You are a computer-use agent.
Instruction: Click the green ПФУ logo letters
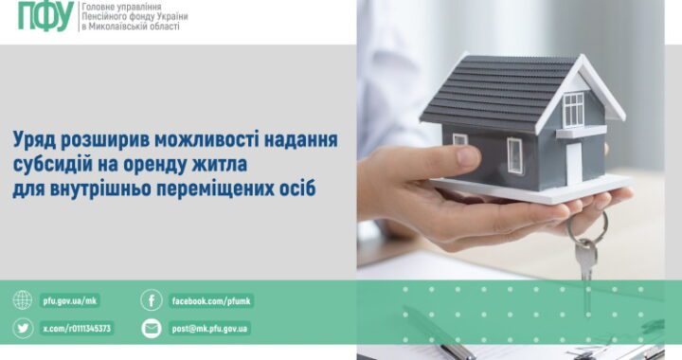click(x=45, y=16)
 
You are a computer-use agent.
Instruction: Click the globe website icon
click(x=23, y=301)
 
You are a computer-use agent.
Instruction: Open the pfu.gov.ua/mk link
click(x=70, y=301)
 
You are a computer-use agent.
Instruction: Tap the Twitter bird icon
click(x=23, y=329)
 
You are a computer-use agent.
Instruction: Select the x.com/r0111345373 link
click(x=77, y=329)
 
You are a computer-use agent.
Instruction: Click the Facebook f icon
click(x=152, y=301)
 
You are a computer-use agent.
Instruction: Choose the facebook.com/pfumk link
click(x=211, y=301)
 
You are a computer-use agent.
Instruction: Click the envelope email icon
click(x=152, y=329)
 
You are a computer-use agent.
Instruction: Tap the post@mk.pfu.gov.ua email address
click(x=210, y=329)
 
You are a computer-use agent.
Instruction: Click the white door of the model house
click(x=573, y=161)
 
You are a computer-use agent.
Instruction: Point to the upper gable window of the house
click(x=574, y=109)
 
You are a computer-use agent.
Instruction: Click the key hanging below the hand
click(x=586, y=258)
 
